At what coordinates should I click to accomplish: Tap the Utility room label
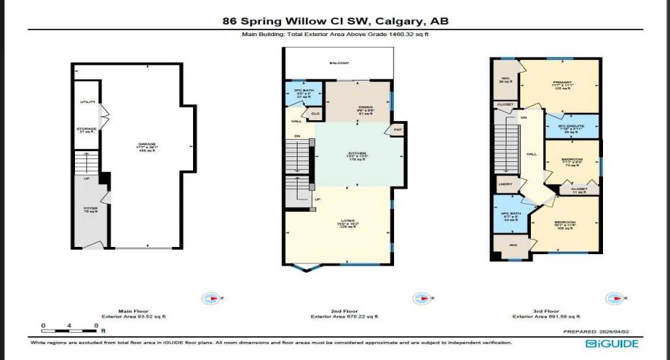87,103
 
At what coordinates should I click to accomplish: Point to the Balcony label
339,63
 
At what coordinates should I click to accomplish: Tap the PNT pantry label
397,130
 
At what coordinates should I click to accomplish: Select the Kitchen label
357,155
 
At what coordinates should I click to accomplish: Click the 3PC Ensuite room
571,128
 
